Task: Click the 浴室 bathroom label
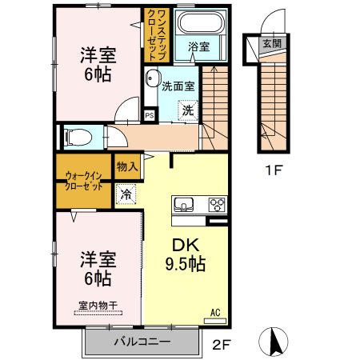pyautogui.click(x=198, y=47)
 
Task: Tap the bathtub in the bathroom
pyautogui.click(x=199, y=23)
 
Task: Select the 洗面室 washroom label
pyautogui.click(x=178, y=86)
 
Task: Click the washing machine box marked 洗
pyautogui.click(x=186, y=110)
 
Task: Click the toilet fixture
pyautogui.click(x=76, y=137)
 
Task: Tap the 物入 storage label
pyautogui.click(x=126, y=166)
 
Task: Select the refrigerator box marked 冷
pyautogui.click(x=126, y=193)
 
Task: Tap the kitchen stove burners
pyautogui.click(x=217, y=204)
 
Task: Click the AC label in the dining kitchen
pyautogui.click(x=214, y=312)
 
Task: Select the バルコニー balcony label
pyautogui.click(x=141, y=342)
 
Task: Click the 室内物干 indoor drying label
pyautogui.click(x=98, y=305)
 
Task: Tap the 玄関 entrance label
pyautogui.click(x=271, y=43)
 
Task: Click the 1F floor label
pyautogui.click(x=275, y=170)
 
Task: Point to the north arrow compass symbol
pyautogui.click(x=274, y=342)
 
